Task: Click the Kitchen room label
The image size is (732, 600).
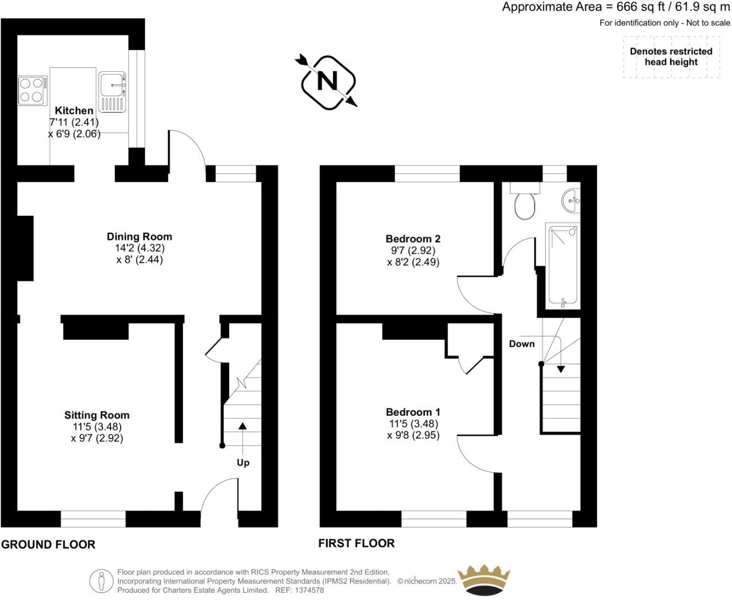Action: pos(74,110)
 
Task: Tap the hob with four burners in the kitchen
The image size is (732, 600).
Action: pos(32,90)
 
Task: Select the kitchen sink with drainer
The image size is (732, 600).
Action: pos(113,91)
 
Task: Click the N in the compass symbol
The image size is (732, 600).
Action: pos(327,82)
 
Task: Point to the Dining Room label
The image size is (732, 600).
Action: pos(139,237)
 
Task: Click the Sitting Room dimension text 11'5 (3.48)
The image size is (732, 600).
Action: pos(96,427)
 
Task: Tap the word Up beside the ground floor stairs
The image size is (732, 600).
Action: pos(243,462)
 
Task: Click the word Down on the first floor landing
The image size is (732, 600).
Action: pos(521,344)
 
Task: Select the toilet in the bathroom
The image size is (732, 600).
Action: pos(524,203)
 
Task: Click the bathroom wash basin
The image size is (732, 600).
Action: pos(572,200)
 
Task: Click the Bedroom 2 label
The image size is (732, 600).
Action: pos(413,239)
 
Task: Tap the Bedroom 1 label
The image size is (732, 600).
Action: pos(413,412)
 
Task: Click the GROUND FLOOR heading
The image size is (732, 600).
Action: pos(49,544)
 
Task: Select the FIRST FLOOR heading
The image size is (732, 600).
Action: pos(357,543)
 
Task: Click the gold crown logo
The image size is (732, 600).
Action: pos(485,580)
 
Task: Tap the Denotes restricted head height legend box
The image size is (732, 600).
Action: pos(671,57)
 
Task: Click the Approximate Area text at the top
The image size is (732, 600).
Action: pos(615,7)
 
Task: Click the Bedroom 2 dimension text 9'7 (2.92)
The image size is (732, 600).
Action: pos(413,250)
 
